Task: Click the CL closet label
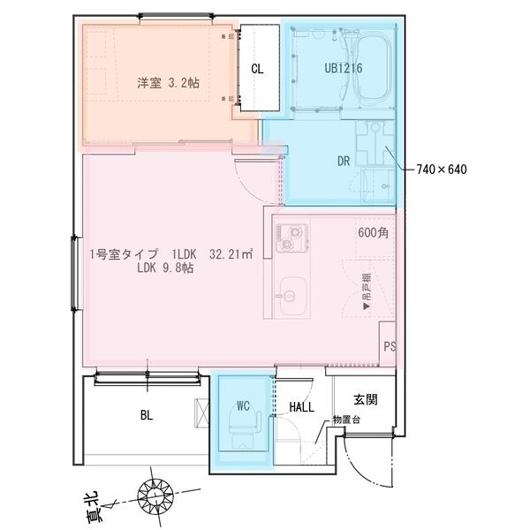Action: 257,68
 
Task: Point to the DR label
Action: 345,162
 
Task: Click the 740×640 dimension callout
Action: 440,168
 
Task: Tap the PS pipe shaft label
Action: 390,345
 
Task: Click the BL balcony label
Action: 147,413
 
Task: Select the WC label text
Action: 245,406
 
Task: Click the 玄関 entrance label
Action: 366,400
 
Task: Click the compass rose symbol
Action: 157,497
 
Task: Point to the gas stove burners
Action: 291,236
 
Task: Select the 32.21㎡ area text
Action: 231,254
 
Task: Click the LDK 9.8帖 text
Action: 165,269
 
